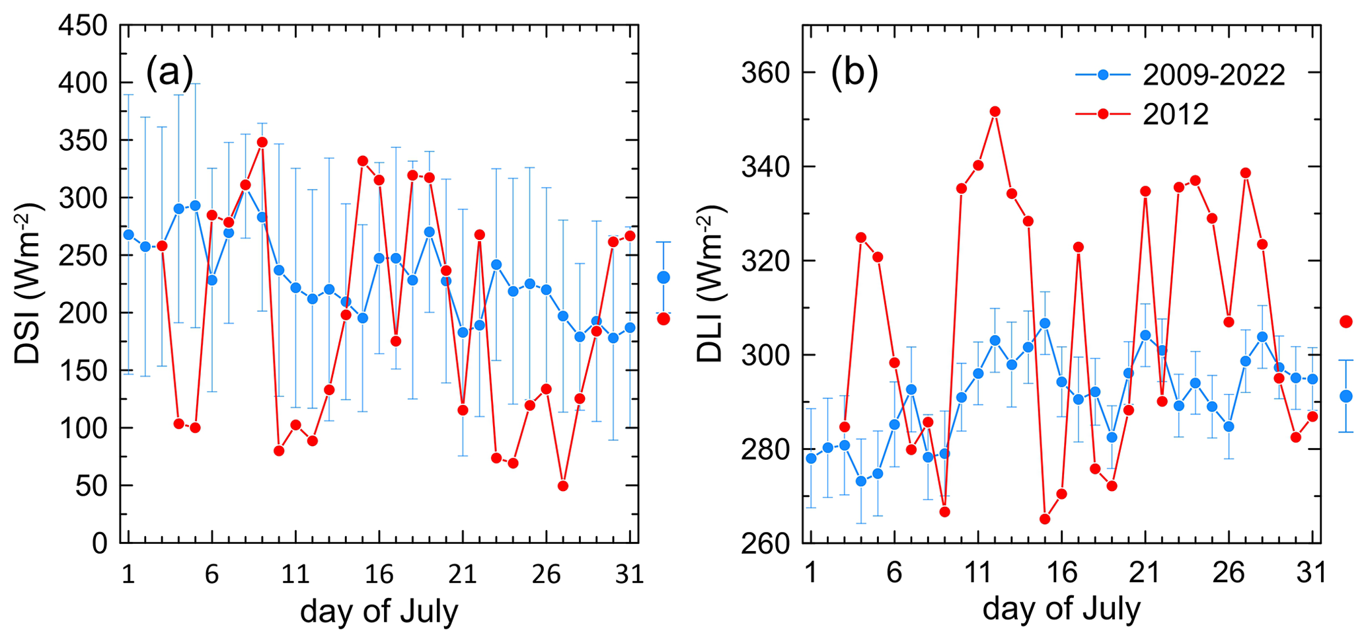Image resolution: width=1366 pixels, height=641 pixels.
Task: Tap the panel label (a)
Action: [x=169, y=71]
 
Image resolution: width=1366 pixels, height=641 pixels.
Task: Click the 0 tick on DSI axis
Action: [x=100, y=543]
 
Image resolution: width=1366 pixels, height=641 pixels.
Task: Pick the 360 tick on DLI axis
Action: [x=766, y=73]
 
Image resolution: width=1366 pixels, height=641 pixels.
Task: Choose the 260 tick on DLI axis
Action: [x=766, y=543]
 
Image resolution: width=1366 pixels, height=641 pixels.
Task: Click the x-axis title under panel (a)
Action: [x=379, y=611]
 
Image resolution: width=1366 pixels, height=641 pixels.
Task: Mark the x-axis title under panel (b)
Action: [x=1061, y=609]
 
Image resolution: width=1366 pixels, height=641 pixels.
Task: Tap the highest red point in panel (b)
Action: [x=995, y=112]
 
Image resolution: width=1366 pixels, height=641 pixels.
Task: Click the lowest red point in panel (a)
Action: [x=563, y=486]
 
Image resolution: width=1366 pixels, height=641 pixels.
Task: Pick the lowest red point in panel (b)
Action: [x=1045, y=519]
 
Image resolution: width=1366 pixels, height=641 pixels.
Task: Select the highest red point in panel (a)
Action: [x=262, y=142]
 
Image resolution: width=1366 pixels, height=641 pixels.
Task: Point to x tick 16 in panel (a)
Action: [x=379, y=574]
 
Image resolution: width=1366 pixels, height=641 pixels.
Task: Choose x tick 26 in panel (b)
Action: [x=1229, y=572]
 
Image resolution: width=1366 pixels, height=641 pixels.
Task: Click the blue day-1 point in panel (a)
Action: [x=129, y=235]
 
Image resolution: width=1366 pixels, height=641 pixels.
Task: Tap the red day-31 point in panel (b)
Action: [x=1312, y=416]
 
